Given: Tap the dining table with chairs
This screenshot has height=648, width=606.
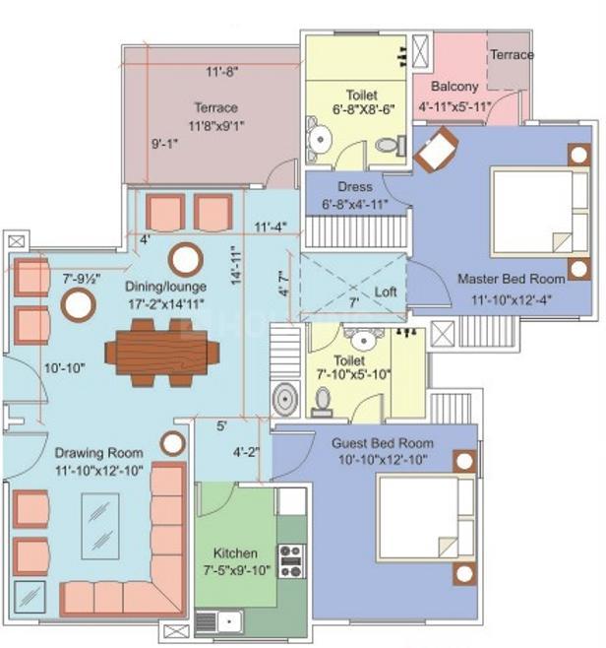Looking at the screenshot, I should tap(162, 351).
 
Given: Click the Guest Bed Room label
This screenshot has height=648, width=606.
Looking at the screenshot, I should tap(383, 443).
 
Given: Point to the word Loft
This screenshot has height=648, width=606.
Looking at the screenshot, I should tap(385, 292).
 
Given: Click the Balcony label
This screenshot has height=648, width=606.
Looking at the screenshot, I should tap(454, 86).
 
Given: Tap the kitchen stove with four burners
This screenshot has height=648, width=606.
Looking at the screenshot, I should tap(290, 561).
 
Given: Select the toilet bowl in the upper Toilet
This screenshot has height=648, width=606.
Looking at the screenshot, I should tap(388, 145).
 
